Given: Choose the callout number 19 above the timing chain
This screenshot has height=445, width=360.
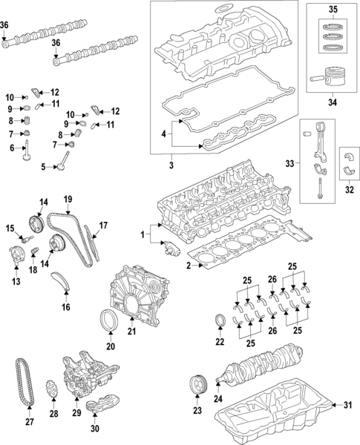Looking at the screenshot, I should [67, 198].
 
